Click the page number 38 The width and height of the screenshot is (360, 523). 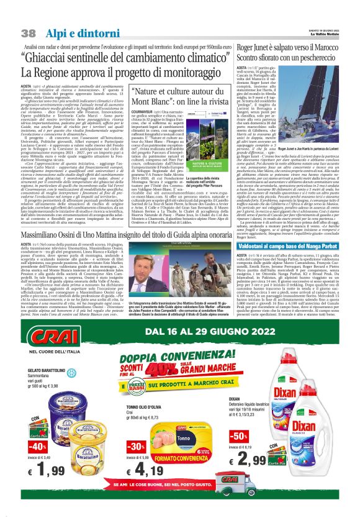tap(29, 32)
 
